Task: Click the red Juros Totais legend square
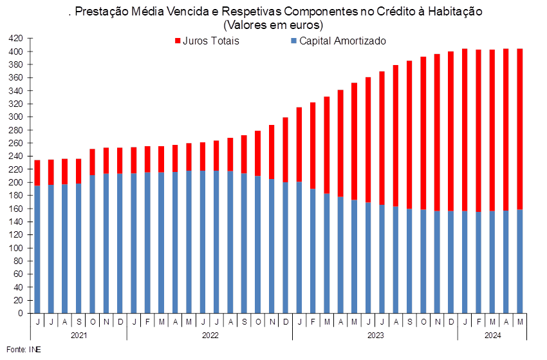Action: [x=178, y=41]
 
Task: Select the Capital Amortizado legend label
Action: [x=342, y=41]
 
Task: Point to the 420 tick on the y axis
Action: [x=15, y=38]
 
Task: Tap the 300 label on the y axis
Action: [x=15, y=117]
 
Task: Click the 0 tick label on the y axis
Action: [x=20, y=313]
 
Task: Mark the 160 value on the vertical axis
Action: [x=15, y=209]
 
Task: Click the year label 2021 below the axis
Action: [x=79, y=336]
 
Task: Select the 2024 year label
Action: [x=492, y=336]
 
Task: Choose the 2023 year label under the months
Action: [x=375, y=336]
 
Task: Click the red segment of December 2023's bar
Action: [x=450, y=131]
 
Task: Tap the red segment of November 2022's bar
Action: [x=272, y=152]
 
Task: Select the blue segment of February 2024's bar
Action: [x=478, y=263]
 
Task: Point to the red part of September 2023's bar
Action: [x=409, y=135]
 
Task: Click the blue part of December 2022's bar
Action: [x=285, y=247]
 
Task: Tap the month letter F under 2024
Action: [x=478, y=322]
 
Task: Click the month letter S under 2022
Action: [x=244, y=322]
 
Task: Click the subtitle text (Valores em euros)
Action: [x=273, y=25]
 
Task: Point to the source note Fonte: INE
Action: [x=24, y=350]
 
